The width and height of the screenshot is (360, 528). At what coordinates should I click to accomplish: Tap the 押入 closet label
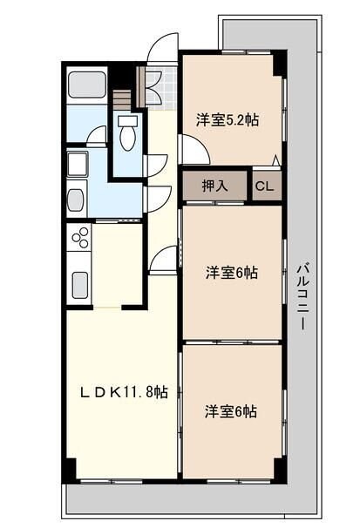[214, 185]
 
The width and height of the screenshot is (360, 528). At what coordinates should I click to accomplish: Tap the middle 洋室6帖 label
[232, 272]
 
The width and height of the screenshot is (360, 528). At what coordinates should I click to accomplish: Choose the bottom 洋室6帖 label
[232, 410]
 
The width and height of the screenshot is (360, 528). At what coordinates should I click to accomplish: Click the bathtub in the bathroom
[86, 85]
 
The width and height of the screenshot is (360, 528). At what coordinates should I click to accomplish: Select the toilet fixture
[128, 136]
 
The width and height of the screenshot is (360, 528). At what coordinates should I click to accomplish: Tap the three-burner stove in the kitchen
[81, 237]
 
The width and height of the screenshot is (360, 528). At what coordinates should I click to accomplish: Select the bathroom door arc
[96, 136]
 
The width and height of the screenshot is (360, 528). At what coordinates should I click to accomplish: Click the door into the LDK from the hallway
[163, 259]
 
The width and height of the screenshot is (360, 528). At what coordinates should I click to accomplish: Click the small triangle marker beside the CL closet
[276, 160]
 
